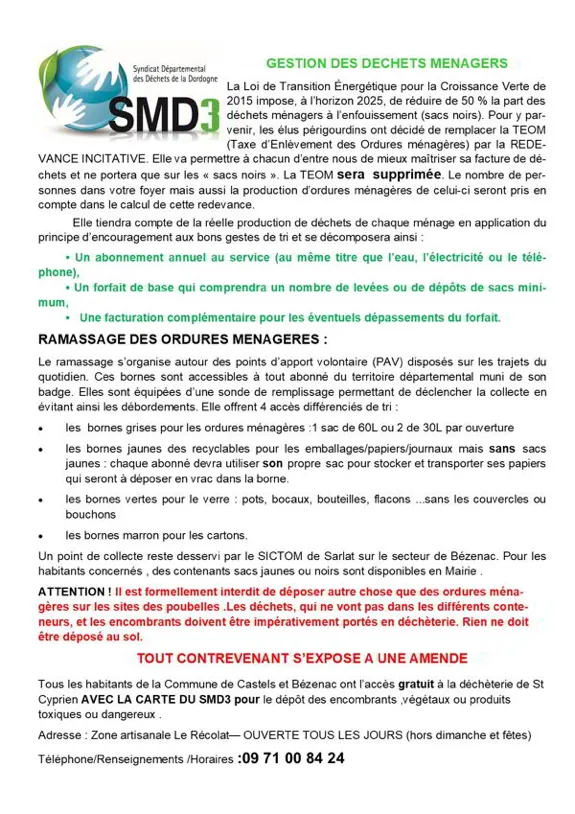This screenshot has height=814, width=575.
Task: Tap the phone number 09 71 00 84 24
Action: tap(292, 758)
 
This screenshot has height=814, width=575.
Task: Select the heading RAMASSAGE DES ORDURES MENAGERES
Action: tap(181, 339)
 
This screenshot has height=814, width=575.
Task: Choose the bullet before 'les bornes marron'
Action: tap(41, 535)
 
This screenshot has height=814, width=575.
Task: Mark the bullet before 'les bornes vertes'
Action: tap(41, 498)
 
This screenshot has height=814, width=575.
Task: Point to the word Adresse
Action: tap(61, 734)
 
